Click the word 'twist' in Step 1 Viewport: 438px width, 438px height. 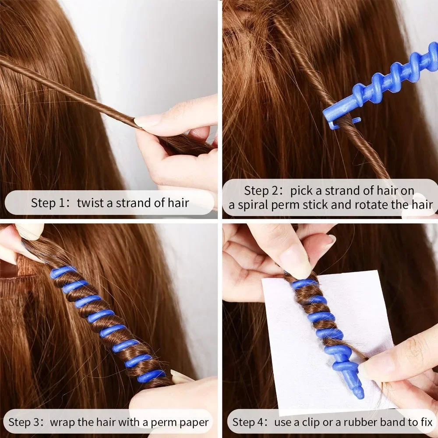[89, 203]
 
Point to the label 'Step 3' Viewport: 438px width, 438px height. [25, 423]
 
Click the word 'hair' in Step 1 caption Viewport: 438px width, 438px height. [178, 203]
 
